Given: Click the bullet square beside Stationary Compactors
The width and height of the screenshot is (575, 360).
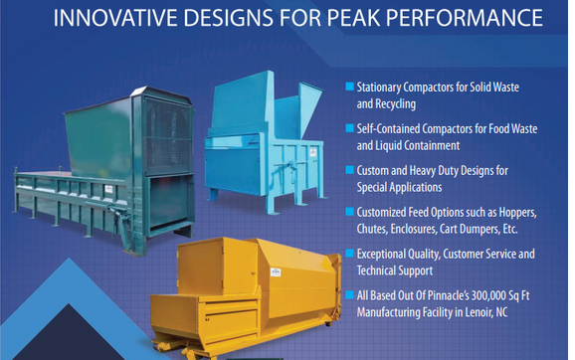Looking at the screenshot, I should coord(349,87).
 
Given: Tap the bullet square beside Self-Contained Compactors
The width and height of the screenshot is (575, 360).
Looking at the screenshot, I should coord(349,128).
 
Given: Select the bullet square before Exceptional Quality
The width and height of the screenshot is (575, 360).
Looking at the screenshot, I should coord(349,254).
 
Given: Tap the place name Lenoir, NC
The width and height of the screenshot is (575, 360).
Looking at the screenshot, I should coord(505,311).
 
